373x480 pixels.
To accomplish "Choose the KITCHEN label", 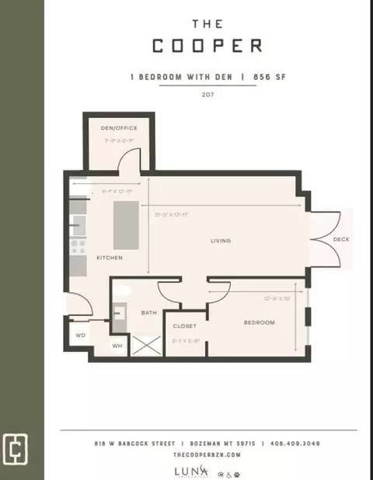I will tap(109, 257).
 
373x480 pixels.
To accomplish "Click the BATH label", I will tap(148, 313).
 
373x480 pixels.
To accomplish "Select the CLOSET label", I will tap(184, 325).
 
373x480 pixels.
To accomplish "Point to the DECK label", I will tap(340, 240).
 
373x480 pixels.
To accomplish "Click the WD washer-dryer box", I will tap(80, 336).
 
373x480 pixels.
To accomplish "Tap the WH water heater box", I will tap(117, 346).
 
